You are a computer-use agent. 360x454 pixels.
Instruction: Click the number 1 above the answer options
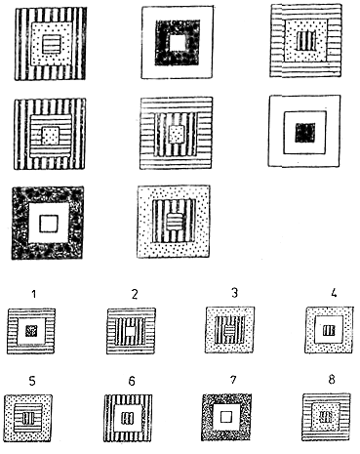(x=34, y=294)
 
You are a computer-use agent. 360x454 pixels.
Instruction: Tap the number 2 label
(x=135, y=294)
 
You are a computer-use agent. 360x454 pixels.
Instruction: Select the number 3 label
(x=234, y=293)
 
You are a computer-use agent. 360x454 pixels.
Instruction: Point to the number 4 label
(x=334, y=293)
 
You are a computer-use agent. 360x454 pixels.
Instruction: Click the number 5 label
(x=32, y=381)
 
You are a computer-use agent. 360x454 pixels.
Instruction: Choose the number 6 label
(x=132, y=381)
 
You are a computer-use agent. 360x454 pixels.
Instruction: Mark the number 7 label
(x=233, y=380)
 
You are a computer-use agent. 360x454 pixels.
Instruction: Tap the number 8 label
(x=332, y=380)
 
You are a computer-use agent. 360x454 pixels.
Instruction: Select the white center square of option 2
(x=131, y=331)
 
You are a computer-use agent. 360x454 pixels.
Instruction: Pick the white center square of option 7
(x=225, y=417)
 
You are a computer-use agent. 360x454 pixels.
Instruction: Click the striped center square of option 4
(x=329, y=331)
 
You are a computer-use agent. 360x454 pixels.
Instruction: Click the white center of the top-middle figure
(x=178, y=42)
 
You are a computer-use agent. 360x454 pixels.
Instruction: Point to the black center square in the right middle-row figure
(x=304, y=133)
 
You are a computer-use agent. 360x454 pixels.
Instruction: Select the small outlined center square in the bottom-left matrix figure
(x=49, y=224)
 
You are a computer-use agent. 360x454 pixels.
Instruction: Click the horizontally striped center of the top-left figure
(x=52, y=45)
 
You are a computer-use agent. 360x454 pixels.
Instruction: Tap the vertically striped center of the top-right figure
(x=306, y=40)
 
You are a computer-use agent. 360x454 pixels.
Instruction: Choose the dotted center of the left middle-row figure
(x=50, y=136)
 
